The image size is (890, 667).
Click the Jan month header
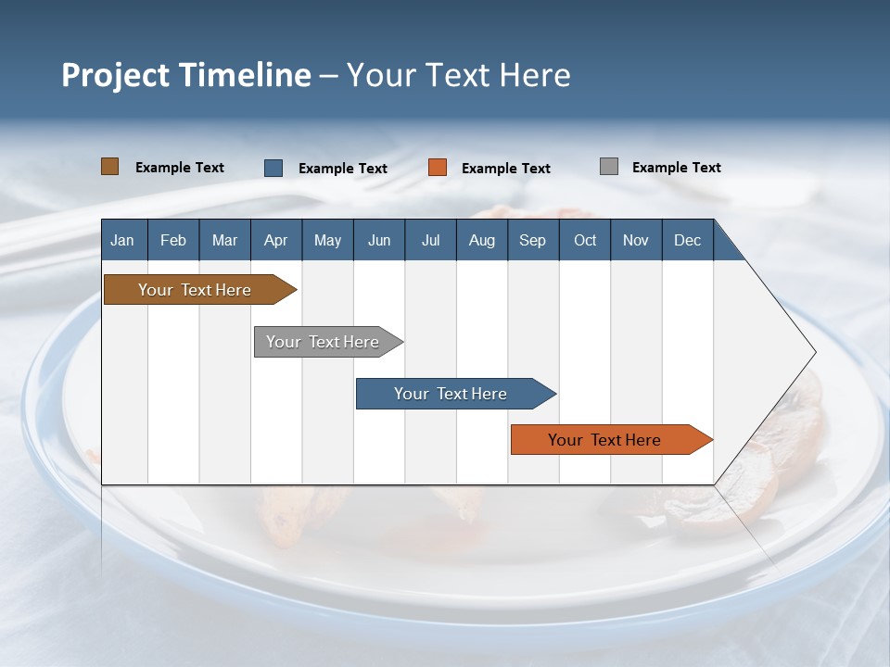click(122, 240)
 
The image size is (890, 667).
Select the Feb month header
click(173, 240)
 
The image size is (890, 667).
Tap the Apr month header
click(275, 240)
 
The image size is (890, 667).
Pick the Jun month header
click(378, 240)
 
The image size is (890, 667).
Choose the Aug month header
click(481, 240)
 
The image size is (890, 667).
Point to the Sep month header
click(532, 240)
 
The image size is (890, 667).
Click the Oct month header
click(584, 240)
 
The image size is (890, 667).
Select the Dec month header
click(687, 240)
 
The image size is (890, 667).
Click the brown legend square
click(110, 167)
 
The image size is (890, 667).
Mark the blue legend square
click(273, 168)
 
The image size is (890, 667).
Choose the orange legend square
click(438, 168)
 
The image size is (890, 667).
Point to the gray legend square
click(609, 167)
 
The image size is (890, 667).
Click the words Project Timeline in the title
click(185, 75)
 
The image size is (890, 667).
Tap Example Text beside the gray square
click(676, 168)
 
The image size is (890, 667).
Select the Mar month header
click(224, 240)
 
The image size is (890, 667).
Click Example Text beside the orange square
click(505, 169)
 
